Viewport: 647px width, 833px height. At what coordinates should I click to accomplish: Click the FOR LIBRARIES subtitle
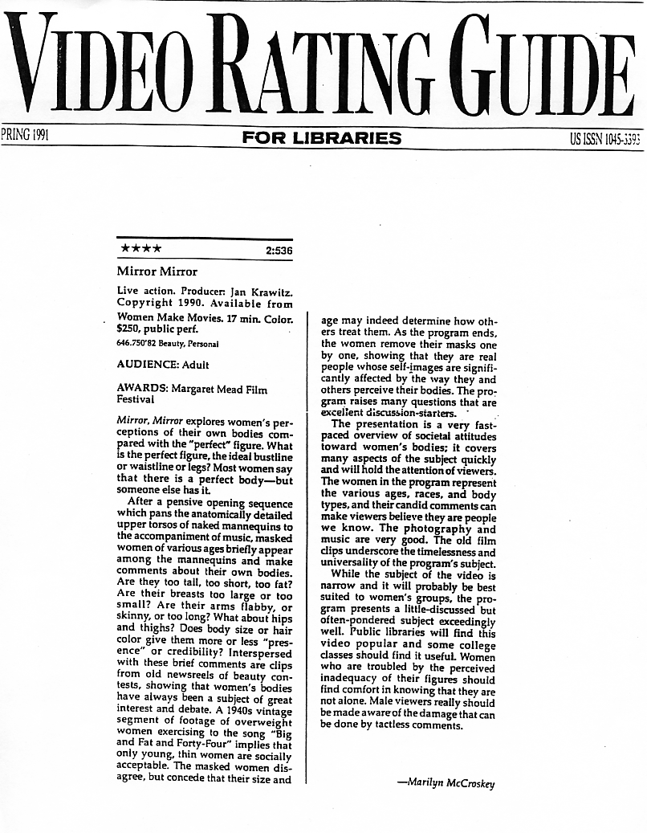coord(322,138)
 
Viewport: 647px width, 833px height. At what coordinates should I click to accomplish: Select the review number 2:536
coord(278,251)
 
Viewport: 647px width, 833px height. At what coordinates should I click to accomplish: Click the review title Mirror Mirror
coord(157,272)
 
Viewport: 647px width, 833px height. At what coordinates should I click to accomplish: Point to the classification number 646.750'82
coord(140,343)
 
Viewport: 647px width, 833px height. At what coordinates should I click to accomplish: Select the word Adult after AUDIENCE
coord(193,364)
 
